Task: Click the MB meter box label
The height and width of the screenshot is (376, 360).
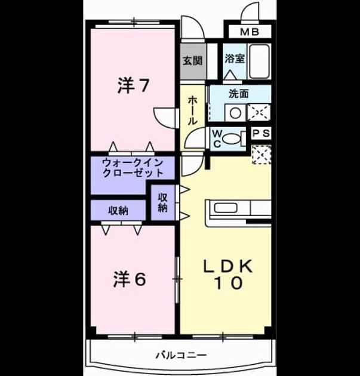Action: pos(250,32)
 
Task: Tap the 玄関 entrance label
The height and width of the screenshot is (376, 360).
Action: pos(193,61)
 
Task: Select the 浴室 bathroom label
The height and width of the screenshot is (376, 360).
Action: pos(235,58)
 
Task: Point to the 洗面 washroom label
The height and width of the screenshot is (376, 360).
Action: pos(239,94)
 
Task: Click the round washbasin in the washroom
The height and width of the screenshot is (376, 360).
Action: pos(235,113)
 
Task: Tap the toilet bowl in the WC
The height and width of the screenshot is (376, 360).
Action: pos(232,138)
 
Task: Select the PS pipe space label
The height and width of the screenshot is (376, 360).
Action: pos(261,133)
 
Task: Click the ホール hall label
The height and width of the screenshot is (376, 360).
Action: pos(192,110)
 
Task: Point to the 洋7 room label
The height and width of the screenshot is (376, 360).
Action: pos(133,86)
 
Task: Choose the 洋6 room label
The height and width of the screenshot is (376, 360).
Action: pos(130,279)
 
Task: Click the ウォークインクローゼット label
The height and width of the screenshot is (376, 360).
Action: pos(133,168)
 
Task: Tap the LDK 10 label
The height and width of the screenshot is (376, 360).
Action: pos(227,275)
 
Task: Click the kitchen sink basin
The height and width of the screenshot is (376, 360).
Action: pos(226,208)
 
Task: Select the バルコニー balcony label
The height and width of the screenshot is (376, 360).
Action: pos(181,355)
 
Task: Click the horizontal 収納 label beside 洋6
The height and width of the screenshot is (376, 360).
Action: pos(118,211)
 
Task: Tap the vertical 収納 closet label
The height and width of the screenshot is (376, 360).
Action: pos(162,203)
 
